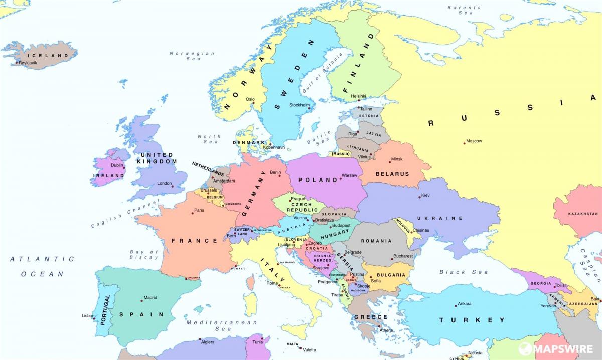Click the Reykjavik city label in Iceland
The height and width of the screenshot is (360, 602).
point(29,63)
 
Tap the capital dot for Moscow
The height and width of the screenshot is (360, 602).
point(465,143)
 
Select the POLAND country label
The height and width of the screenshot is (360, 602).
point(318,180)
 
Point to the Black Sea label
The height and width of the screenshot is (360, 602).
point(457,272)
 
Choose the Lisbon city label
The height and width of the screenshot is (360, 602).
point(88,316)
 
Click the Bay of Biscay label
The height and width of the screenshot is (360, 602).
point(144,255)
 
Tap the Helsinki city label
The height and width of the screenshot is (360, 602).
point(358,96)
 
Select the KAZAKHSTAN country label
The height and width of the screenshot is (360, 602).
point(583,214)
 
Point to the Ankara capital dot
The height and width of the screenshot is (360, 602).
point(455,306)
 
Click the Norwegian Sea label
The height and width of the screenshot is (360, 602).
point(185,56)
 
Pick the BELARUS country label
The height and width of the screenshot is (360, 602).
point(392,174)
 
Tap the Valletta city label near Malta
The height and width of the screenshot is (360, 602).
point(309,350)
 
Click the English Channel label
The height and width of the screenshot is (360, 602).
point(125,214)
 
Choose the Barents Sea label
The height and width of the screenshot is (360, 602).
point(464,10)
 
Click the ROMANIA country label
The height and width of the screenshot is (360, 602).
point(376,241)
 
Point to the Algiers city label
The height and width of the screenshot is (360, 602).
point(207,342)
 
